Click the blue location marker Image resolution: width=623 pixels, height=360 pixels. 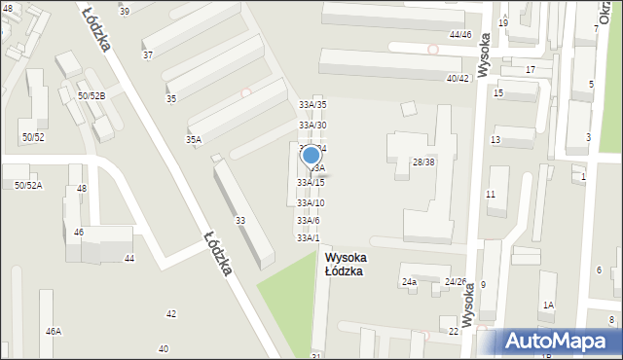(311, 156)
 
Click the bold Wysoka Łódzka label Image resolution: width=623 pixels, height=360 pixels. (344, 265)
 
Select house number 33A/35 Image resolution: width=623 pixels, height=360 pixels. (312, 104)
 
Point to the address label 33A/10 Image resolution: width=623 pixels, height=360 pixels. (311, 202)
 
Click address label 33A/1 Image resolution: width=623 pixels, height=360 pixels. (308, 237)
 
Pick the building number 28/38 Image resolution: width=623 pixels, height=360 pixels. (423, 162)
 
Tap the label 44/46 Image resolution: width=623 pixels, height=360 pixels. (460, 35)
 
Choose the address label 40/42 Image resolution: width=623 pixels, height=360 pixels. (458, 78)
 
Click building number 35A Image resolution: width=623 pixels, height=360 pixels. (194, 140)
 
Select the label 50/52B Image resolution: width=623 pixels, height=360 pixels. (92, 95)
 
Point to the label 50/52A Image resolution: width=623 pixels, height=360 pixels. (28, 185)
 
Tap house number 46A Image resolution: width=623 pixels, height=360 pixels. (53, 331)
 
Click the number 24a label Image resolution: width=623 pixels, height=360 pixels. (409, 282)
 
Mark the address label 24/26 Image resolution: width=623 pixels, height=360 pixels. (456, 282)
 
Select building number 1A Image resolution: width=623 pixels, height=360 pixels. (548, 306)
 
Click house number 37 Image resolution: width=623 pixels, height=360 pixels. (148, 55)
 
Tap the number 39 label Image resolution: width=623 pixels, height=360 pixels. (124, 11)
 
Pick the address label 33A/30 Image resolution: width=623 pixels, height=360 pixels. (312, 126)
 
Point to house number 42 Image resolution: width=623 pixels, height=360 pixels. (171, 313)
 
